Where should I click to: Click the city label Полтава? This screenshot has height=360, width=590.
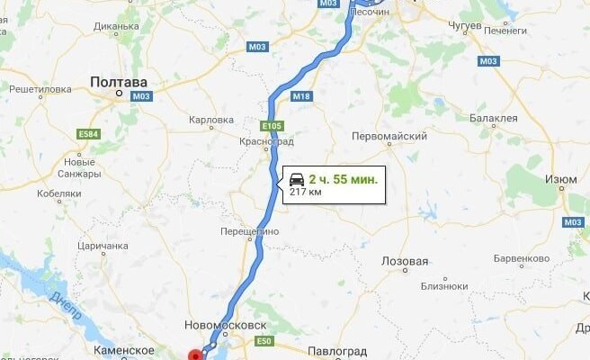[117, 83]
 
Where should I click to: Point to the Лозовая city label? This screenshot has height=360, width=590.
[405, 261]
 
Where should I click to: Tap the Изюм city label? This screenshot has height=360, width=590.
[560, 180]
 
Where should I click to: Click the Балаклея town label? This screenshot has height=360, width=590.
[494, 118]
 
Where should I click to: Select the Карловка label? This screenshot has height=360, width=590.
[212, 119]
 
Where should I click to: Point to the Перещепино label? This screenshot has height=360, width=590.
[250, 231]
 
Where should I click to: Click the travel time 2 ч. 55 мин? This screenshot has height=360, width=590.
[344, 179]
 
